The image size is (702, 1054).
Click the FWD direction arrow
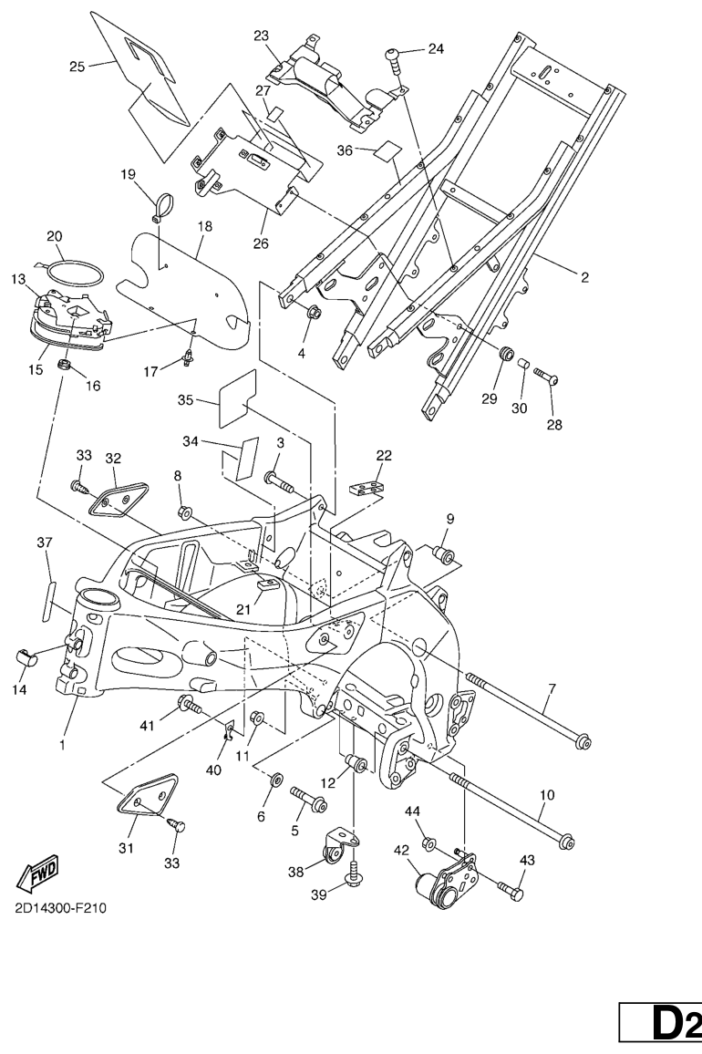click(x=37, y=877)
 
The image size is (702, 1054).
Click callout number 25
click(x=77, y=66)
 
